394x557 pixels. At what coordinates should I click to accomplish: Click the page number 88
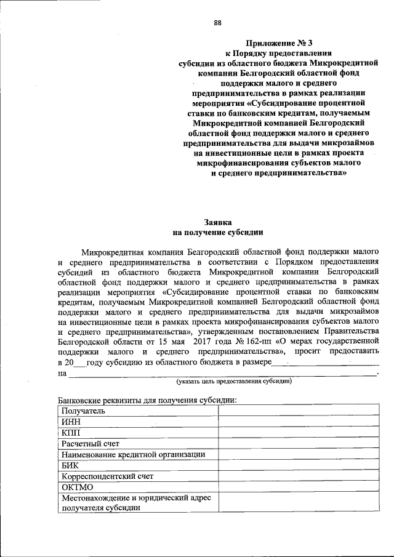(217, 23)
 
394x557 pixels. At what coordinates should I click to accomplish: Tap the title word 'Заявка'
(217, 222)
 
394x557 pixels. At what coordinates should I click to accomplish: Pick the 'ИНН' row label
(71, 422)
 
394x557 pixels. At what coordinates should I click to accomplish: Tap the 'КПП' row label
(71, 433)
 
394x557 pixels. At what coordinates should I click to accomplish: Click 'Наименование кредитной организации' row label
(133, 454)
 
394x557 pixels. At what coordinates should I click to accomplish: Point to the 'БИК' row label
(71, 465)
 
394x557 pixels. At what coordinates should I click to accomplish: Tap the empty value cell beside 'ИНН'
(299, 422)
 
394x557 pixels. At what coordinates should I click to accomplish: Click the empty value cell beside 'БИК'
(299, 465)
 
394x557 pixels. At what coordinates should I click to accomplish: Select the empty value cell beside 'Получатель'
(299, 411)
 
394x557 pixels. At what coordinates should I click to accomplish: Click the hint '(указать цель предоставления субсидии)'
(233, 382)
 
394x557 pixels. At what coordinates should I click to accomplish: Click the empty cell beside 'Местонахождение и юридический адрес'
(299, 502)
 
